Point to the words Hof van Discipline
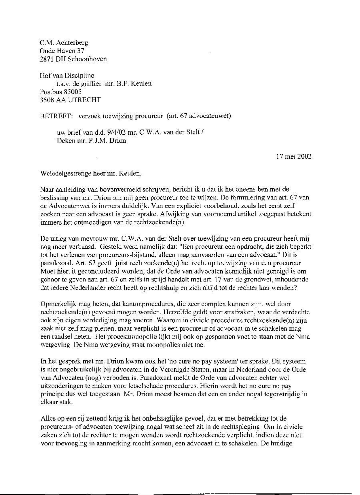(x=67, y=76)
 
